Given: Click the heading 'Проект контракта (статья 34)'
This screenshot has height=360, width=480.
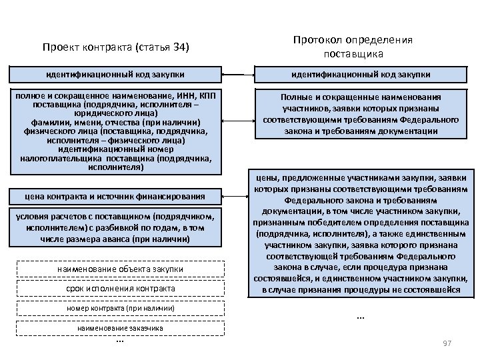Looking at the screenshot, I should [x=116, y=48].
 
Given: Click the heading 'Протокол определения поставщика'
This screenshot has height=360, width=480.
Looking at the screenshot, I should [x=362, y=46].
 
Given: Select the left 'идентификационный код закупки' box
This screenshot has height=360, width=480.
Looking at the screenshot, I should [x=115, y=73].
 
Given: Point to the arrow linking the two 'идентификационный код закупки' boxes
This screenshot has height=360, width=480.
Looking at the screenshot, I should [x=236, y=73].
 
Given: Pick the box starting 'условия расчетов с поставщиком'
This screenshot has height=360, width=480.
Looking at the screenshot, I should [x=115, y=227].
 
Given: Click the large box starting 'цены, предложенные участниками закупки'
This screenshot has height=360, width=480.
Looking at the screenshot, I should [x=362, y=233].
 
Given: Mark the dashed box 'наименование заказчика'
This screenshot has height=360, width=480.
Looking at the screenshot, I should [x=121, y=329].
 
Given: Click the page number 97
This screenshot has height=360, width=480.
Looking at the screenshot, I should [x=447, y=343].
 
